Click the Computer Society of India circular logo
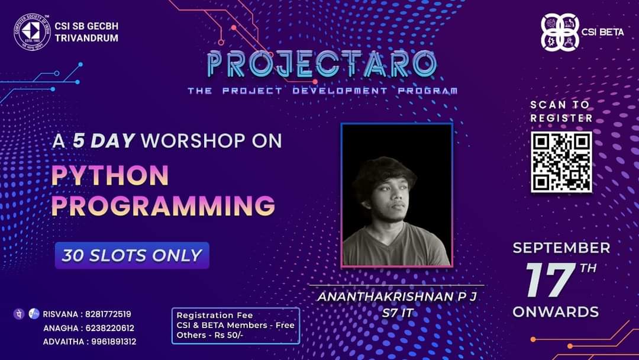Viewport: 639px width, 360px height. pos(32,31)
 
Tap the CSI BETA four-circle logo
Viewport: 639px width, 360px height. pos(560,32)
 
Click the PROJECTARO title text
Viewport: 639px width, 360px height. pos(322,64)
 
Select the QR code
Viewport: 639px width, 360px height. pos(561,162)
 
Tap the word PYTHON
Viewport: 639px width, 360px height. pos(109,175)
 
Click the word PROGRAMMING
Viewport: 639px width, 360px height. pos(163,205)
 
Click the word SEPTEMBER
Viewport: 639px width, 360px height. pos(561,247)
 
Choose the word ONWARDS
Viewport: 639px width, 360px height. pos(556,312)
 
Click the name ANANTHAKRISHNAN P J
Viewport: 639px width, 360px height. pos(396,297)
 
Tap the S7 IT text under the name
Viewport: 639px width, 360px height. pos(398,313)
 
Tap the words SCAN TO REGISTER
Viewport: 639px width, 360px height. pos(561,111)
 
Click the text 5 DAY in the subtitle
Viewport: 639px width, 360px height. pos(104,141)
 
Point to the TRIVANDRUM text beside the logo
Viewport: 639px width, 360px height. pos(86,38)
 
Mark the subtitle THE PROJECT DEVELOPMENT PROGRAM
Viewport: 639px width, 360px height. pos(322,91)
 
